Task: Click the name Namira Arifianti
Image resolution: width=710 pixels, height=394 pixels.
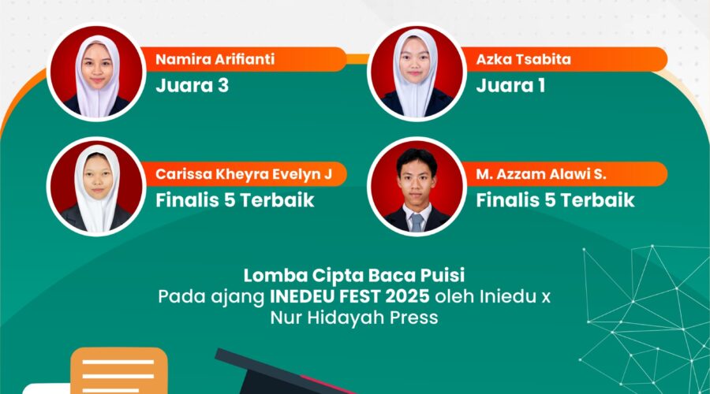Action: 215,59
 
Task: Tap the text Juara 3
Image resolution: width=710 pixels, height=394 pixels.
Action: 192,85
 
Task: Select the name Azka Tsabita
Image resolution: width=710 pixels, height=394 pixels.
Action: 524,59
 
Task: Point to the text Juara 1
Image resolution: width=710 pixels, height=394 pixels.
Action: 510,85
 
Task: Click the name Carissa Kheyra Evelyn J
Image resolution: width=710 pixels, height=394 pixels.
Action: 244,174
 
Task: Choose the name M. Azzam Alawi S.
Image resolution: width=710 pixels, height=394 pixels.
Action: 541,174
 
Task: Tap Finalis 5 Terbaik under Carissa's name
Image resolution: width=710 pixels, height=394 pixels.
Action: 235,200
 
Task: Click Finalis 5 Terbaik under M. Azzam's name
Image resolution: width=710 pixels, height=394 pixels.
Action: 555,200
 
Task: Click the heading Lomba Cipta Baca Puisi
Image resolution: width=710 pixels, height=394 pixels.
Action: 354,275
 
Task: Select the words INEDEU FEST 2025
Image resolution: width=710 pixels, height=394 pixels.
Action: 349,297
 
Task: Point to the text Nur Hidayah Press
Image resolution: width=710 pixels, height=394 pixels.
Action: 354,318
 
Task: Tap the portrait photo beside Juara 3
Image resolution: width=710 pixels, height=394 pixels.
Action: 96,72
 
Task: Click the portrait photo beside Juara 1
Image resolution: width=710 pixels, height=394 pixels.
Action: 417,72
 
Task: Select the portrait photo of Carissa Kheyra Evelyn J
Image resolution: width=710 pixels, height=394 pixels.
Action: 96,187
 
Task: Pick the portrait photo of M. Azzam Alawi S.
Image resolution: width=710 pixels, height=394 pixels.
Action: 417,187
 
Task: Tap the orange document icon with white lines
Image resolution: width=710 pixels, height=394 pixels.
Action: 119,370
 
